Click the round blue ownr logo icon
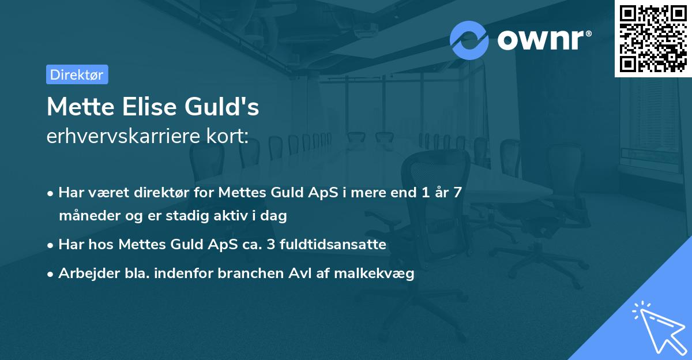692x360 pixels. [469, 40]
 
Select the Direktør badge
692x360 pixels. [77, 74]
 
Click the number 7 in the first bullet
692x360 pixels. [457, 193]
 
